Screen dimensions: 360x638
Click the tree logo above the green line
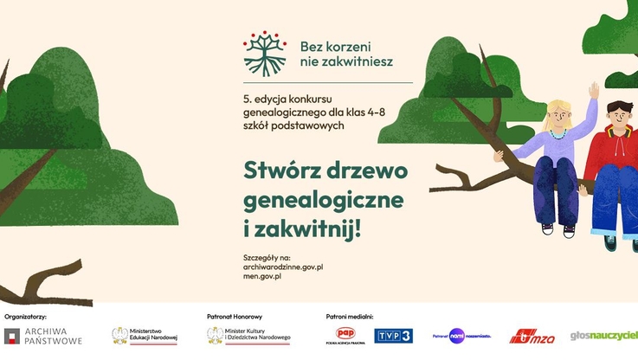(264, 53)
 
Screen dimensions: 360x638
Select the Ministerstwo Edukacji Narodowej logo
(144, 335)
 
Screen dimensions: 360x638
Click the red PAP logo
(346, 334)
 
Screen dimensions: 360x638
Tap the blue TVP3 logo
(393, 335)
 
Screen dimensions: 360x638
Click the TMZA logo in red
(529, 336)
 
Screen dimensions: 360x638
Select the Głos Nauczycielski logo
(603, 335)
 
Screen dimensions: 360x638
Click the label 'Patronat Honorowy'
(234, 317)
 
